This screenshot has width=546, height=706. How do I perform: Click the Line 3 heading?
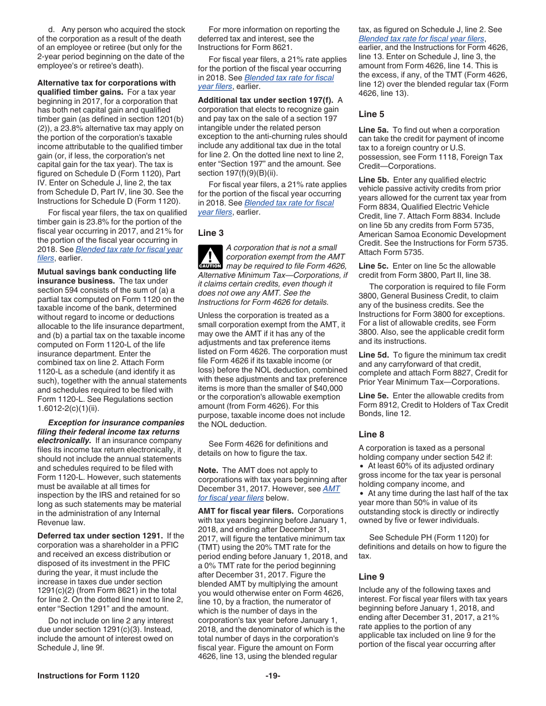tap(211, 232)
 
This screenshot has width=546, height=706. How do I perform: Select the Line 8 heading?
tap(371, 435)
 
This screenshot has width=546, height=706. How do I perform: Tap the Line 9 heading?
tap(371, 576)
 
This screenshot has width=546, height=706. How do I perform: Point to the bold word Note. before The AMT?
tap(208, 470)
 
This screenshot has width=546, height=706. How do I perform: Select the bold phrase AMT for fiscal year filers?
tap(246, 511)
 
